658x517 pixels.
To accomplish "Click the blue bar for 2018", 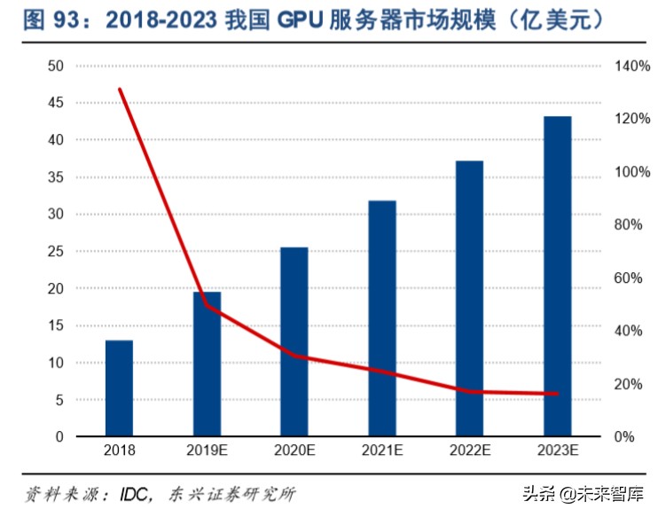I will pyautogui.click(x=119, y=388).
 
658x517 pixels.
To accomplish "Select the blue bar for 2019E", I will pyautogui.click(x=207, y=364).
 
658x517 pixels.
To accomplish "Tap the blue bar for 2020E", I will pyautogui.click(x=294, y=341).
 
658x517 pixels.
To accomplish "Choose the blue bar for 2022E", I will pyautogui.click(x=469, y=298).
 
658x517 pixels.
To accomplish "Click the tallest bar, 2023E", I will pyautogui.click(x=557, y=276).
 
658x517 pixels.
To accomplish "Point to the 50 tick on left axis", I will pyautogui.click(x=55, y=66).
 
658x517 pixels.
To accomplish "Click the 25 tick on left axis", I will pyautogui.click(x=55, y=251).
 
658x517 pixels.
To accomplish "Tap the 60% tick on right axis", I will pyautogui.click(x=629, y=278).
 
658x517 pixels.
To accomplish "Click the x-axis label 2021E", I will pyautogui.click(x=381, y=451).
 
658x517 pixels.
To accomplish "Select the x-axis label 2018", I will pyautogui.click(x=119, y=451).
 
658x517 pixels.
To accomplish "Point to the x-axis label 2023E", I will pyautogui.click(x=557, y=451).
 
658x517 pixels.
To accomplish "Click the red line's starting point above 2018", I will pyautogui.click(x=120, y=90).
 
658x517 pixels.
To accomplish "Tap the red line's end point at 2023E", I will pyautogui.click(x=557, y=394).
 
